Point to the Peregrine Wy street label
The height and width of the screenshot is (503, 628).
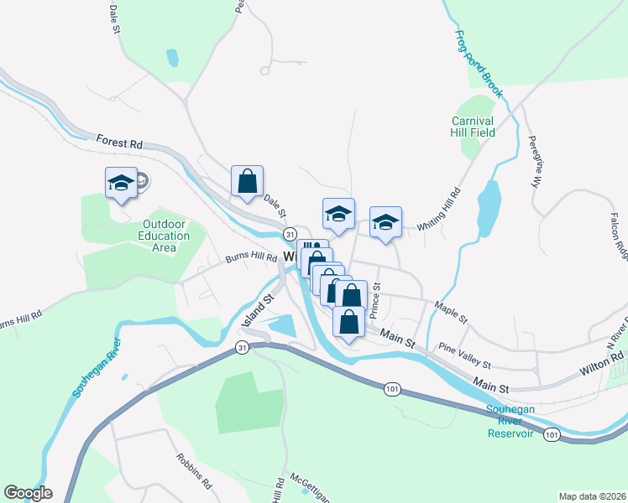[x=534, y=162]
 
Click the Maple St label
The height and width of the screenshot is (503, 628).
[x=451, y=311]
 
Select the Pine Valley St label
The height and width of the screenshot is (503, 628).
[x=465, y=355]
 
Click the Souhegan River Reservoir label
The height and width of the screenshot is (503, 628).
[x=510, y=422]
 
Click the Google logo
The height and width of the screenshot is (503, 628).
[x=28, y=493]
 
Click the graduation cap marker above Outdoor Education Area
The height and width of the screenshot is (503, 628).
[x=121, y=182]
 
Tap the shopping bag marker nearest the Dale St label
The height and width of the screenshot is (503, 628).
[x=248, y=180]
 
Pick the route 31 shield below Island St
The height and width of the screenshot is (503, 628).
[x=242, y=348]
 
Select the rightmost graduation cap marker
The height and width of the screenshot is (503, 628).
[x=385, y=222]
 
